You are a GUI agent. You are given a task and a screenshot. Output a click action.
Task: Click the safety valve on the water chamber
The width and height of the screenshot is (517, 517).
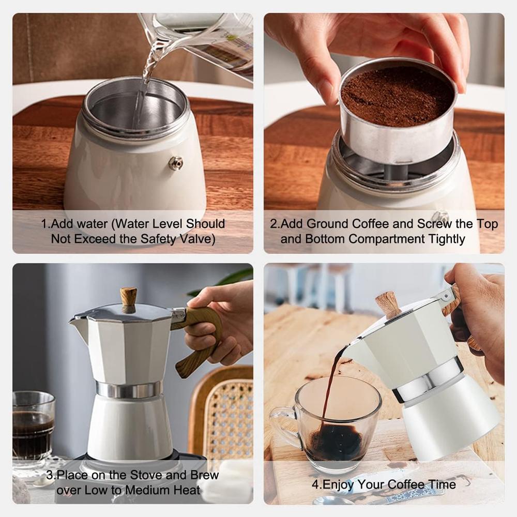(x=176, y=163)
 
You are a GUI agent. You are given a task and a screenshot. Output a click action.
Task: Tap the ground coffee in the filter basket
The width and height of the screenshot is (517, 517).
(x=397, y=96)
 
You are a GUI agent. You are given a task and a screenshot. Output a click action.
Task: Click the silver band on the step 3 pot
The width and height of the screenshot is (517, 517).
(x=129, y=389)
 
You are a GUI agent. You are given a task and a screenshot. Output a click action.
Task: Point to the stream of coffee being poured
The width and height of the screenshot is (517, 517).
(x=331, y=383)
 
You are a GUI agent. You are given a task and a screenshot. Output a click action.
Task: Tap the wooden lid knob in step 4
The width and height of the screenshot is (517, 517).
(x=388, y=305)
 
